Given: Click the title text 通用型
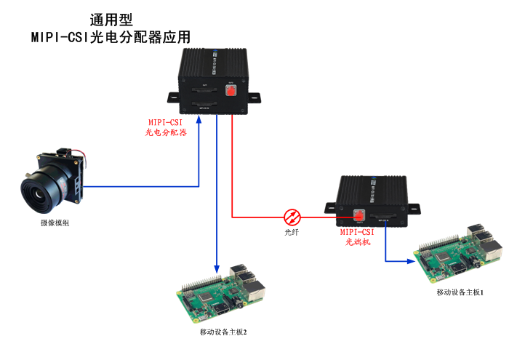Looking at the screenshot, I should click(x=111, y=19).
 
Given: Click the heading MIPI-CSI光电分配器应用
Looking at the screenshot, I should click(x=111, y=37).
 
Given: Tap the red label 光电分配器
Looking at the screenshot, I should click(x=167, y=132).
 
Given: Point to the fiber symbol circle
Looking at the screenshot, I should click(x=292, y=216).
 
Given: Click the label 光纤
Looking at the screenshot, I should click(x=292, y=233).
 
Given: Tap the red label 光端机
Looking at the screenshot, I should click(x=358, y=242).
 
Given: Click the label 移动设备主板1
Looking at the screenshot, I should click(x=460, y=292).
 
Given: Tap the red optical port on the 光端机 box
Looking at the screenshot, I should click(x=357, y=216).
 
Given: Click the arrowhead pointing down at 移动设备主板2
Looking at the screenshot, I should click(x=217, y=266).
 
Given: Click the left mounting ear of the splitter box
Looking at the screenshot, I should click(x=172, y=97).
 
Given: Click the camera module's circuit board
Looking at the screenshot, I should click(x=73, y=175).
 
